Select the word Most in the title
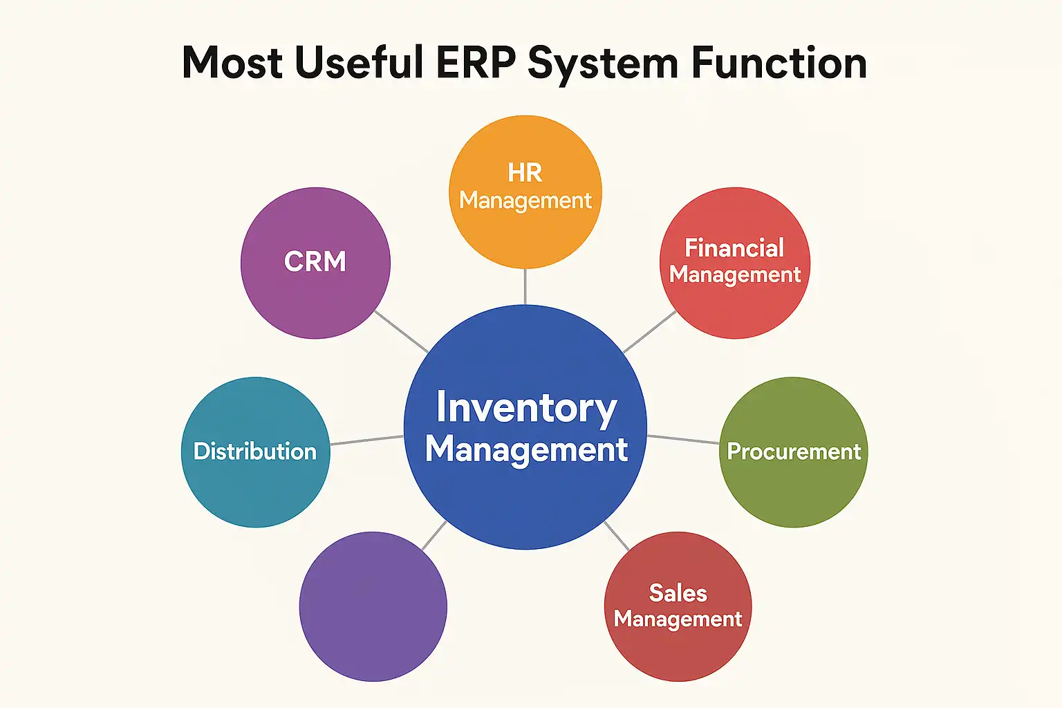pyautogui.click(x=232, y=64)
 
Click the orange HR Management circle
pyautogui.click(x=525, y=228)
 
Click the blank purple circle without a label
pyautogui.click(x=373, y=606)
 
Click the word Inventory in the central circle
pyautogui.click(x=526, y=408)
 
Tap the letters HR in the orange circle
pyautogui.click(x=525, y=173)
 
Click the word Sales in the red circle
pyautogui.click(x=678, y=593)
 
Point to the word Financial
pyautogui.click(x=734, y=248)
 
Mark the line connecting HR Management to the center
pyautogui.click(x=525, y=286)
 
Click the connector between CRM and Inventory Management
pyautogui.click(x=401, y=331)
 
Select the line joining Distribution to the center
pyautogui.click(x=366, y=440)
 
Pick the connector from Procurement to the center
pyautogui.click(x=683, y=439)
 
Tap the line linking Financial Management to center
pyautogui.click(x=649, y=332)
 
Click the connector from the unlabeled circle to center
pyautogui.click(x=434, y=535)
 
